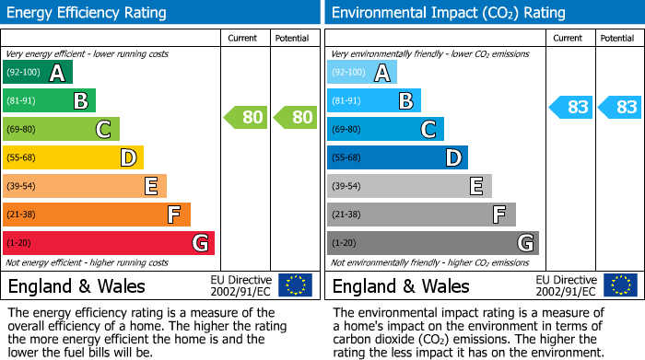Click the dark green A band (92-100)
coord(38,73)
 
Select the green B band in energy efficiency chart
coord(50,101)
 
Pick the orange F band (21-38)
coord(97,215)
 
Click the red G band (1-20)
coord(109,243)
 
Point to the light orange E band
coord(85,186)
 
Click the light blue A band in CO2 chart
coord(362,73)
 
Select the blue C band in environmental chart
coord(386,129)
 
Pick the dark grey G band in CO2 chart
coord(433,243)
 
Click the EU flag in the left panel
coord(295,285)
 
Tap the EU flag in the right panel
coord(619,285)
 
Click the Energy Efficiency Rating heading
coord(88,13)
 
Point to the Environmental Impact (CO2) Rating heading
coord(448,13)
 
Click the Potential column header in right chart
coord(617,38)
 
